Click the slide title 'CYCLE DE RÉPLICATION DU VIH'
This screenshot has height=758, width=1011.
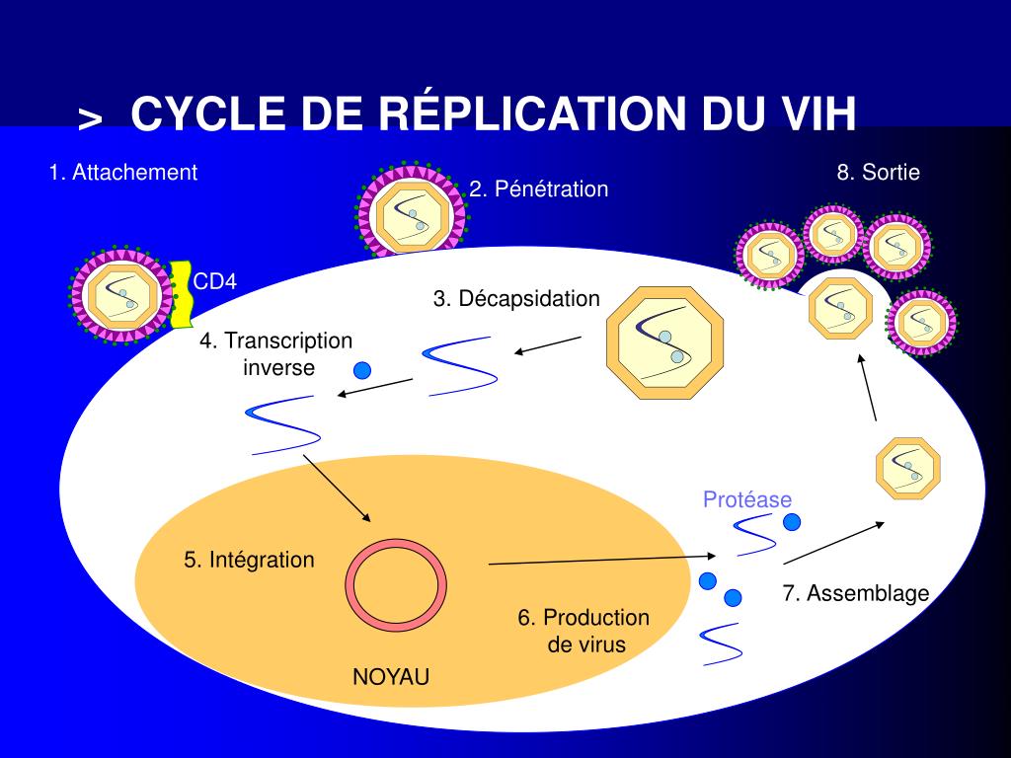(x=493, y=114)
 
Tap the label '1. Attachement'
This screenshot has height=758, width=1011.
(x=123, y=173)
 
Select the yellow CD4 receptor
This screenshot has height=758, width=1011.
(x=181, y=293)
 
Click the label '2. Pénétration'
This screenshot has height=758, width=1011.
(x=539, y=189)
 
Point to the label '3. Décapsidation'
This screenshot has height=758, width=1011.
(x=516, y=298)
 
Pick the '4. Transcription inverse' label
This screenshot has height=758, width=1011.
(x=276, y=354)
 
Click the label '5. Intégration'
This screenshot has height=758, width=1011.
(x=249, y=560)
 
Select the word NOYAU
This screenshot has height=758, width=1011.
(x=391, y=677)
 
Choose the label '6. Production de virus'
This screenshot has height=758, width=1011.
(x=584, y=631)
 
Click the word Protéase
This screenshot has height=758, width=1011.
(x=747, y=499)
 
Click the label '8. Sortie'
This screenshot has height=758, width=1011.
(x=879, y=173)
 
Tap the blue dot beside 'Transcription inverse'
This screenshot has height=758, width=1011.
(x=361, y=370)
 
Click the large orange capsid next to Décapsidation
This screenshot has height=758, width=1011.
(x=664, y=342)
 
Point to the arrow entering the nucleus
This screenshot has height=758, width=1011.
(x=337, y=489)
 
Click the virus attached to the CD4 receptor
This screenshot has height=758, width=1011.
(x=119, y=293)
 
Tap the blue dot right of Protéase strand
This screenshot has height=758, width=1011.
(x=792, y=520)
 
